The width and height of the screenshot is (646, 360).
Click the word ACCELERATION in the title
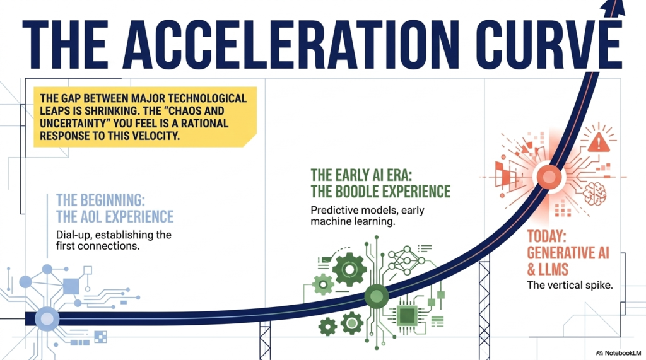pos(291,44)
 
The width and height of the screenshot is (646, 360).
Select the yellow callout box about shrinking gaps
pos(145,117)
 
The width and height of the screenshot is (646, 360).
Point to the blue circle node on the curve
pos(47,319)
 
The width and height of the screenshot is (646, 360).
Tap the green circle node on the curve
pos(377,296)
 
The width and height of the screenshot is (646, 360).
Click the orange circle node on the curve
pos(549,177)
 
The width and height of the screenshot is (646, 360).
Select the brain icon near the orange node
pos(594,193)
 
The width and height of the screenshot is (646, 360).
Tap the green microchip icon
pos(407,316)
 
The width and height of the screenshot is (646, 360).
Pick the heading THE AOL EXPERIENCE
pos(115,217)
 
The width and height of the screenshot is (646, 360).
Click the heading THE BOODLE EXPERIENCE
pos(380,192)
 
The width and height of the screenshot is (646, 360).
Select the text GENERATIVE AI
pos(568,253)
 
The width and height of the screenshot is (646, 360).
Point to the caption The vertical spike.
pos(570,285)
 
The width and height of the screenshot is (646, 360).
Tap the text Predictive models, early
pos(368,210)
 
